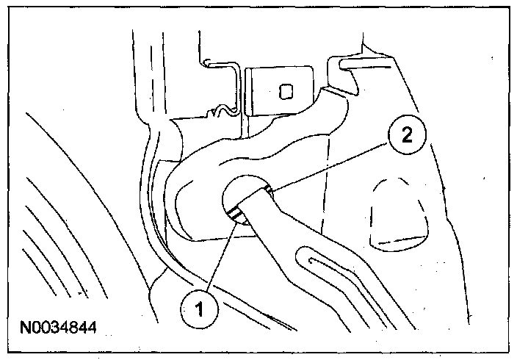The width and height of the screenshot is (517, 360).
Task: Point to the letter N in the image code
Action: pos(26,323)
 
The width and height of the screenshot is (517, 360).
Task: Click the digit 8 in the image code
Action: pos(68,323)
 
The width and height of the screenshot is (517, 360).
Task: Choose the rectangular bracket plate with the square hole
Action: pos(283,93)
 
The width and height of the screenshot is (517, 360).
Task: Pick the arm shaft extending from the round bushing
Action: pos(294,242)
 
